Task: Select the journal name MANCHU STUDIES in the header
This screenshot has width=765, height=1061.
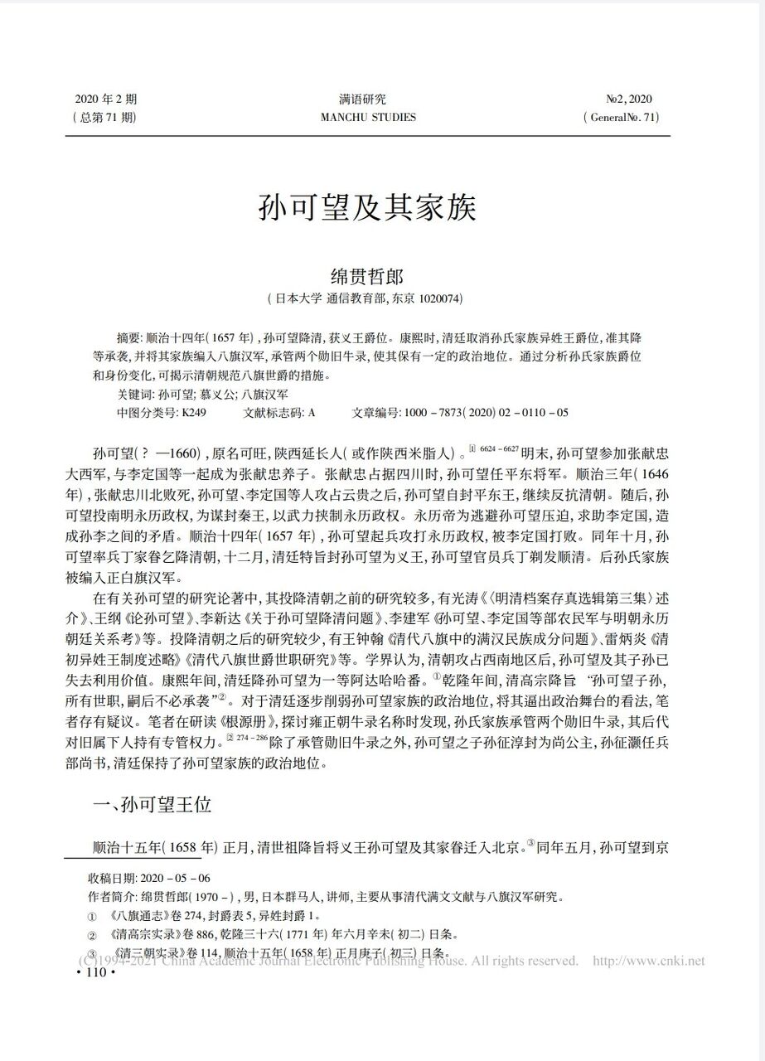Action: (x=367, y=117)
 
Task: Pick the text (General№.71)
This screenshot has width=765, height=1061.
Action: (x=621, y=117)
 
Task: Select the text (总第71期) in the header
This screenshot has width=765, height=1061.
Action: (x=104, y=117)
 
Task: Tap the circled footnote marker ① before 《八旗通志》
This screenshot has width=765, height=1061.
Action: (x=92, y=917)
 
